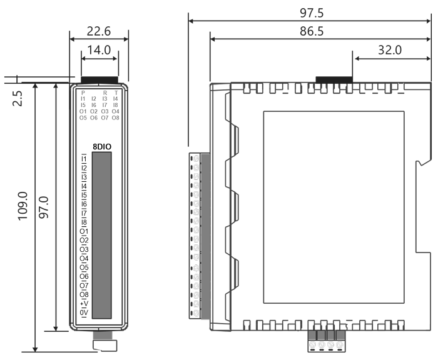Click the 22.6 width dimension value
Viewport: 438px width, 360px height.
point(99,31)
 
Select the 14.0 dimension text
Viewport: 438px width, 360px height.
point(99,50)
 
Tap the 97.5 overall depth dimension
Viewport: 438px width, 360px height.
point(312,13)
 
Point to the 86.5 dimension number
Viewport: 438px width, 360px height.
point(312,31)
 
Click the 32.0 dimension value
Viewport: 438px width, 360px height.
point(390,50)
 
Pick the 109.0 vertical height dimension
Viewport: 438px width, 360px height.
point(23,206)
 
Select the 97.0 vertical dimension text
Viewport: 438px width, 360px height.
point(44,207)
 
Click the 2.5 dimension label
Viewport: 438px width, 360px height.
point(18,98)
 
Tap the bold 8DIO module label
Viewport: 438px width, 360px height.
point(102,147)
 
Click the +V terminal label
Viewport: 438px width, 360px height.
point(84,304)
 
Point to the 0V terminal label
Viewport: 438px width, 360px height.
point(84,313)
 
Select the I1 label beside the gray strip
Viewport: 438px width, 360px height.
point(84,159)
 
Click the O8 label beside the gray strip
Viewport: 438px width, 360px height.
point(84,294)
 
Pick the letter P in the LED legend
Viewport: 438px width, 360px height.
point(83,92)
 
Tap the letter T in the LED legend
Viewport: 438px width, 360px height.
point(116,92)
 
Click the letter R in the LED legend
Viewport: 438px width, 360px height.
point(105,92)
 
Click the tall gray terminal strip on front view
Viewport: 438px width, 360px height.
point(102,235)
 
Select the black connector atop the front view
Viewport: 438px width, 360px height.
point(99,80)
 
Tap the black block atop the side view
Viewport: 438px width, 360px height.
point(334,79)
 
